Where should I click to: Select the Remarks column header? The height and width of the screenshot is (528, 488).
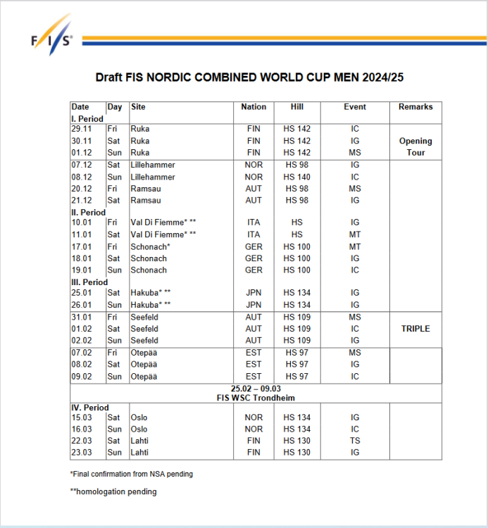pos(415,107)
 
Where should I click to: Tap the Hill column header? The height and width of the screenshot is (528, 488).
pos(296,107)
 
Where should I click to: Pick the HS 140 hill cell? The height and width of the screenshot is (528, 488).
pos(296,177)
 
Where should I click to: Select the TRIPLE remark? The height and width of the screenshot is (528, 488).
pos(415,329)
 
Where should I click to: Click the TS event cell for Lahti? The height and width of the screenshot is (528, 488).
pos(355,441)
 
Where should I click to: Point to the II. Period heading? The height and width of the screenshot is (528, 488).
pos(89,213)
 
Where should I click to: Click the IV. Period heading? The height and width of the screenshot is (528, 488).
pos(90,408)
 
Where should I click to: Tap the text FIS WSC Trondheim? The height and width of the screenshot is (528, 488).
pos(255,398)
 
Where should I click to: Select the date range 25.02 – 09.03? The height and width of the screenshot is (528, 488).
pos(255,389)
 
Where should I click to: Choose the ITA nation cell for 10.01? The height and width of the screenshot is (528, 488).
pos(254,222)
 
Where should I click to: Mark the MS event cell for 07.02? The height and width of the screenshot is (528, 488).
pos(355,352)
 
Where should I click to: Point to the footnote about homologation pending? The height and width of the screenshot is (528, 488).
pos(113,492)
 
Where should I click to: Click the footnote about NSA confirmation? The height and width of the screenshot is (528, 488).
pos(131,474)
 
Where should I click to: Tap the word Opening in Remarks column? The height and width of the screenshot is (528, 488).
pos(415,141)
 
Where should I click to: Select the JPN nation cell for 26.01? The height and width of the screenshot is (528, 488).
pos(254,305)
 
